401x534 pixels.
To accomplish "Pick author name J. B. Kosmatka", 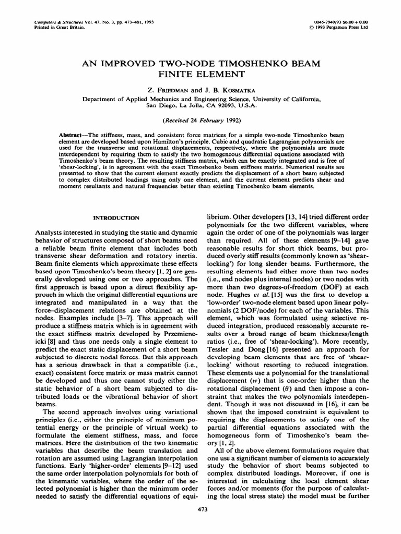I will point(230,90).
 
